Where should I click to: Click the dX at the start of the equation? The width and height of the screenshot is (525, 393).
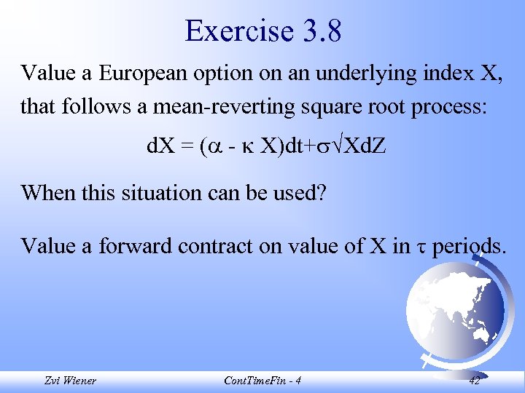pyautogui.click(x=159, y=147)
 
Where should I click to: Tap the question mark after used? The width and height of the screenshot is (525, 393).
pyautogui.click(x=322, y=193)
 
